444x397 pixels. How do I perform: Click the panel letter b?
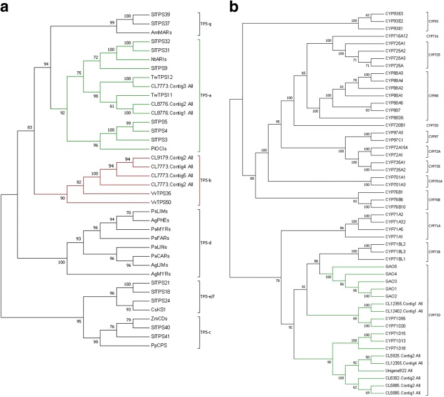[234, 8]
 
